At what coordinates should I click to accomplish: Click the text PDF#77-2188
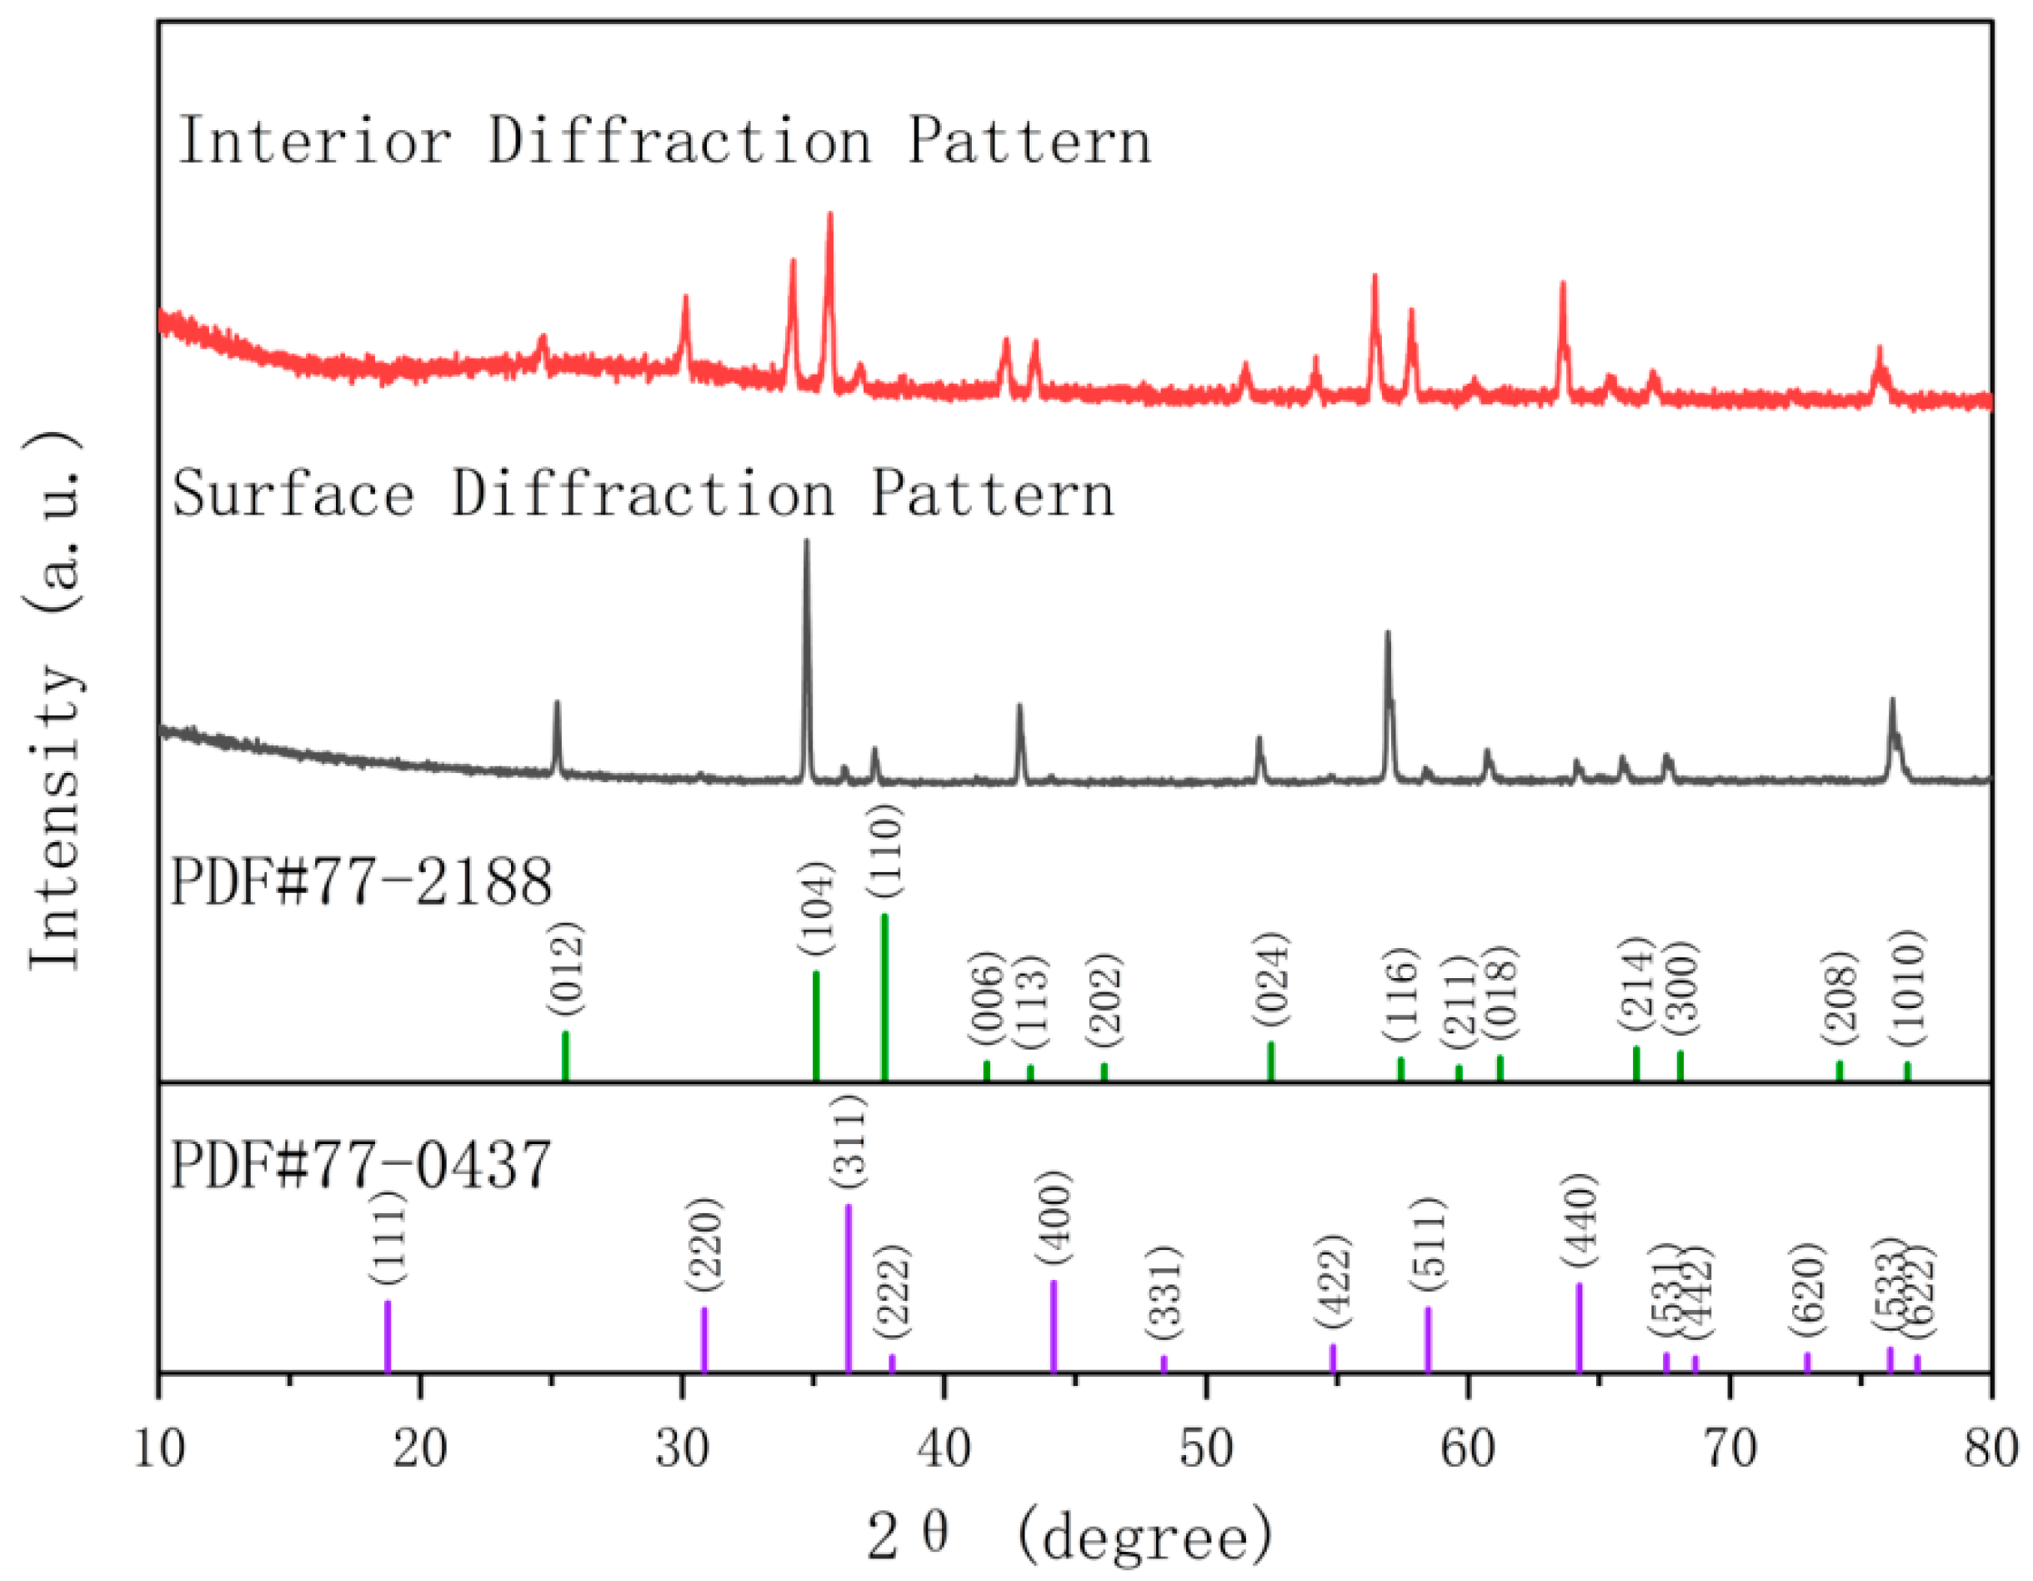click(x=361, y=883)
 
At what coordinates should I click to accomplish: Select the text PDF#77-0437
click(x=361, y=1165)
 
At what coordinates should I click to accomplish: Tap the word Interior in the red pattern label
click(x=314, y=142)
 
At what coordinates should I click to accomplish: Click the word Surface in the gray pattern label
click(x=293, y=494)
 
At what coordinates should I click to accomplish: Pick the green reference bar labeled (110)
click(x=884, y=997)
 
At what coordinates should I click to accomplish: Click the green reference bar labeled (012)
click(x=565, y=1056)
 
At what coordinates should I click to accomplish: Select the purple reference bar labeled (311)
click(x=848, y=1287)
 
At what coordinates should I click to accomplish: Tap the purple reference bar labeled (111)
click(x=388, y=1336)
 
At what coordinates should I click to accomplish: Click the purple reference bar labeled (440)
click(x=1580, y=1328)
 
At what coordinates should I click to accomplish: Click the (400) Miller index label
click(x=1054, y=1218)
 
